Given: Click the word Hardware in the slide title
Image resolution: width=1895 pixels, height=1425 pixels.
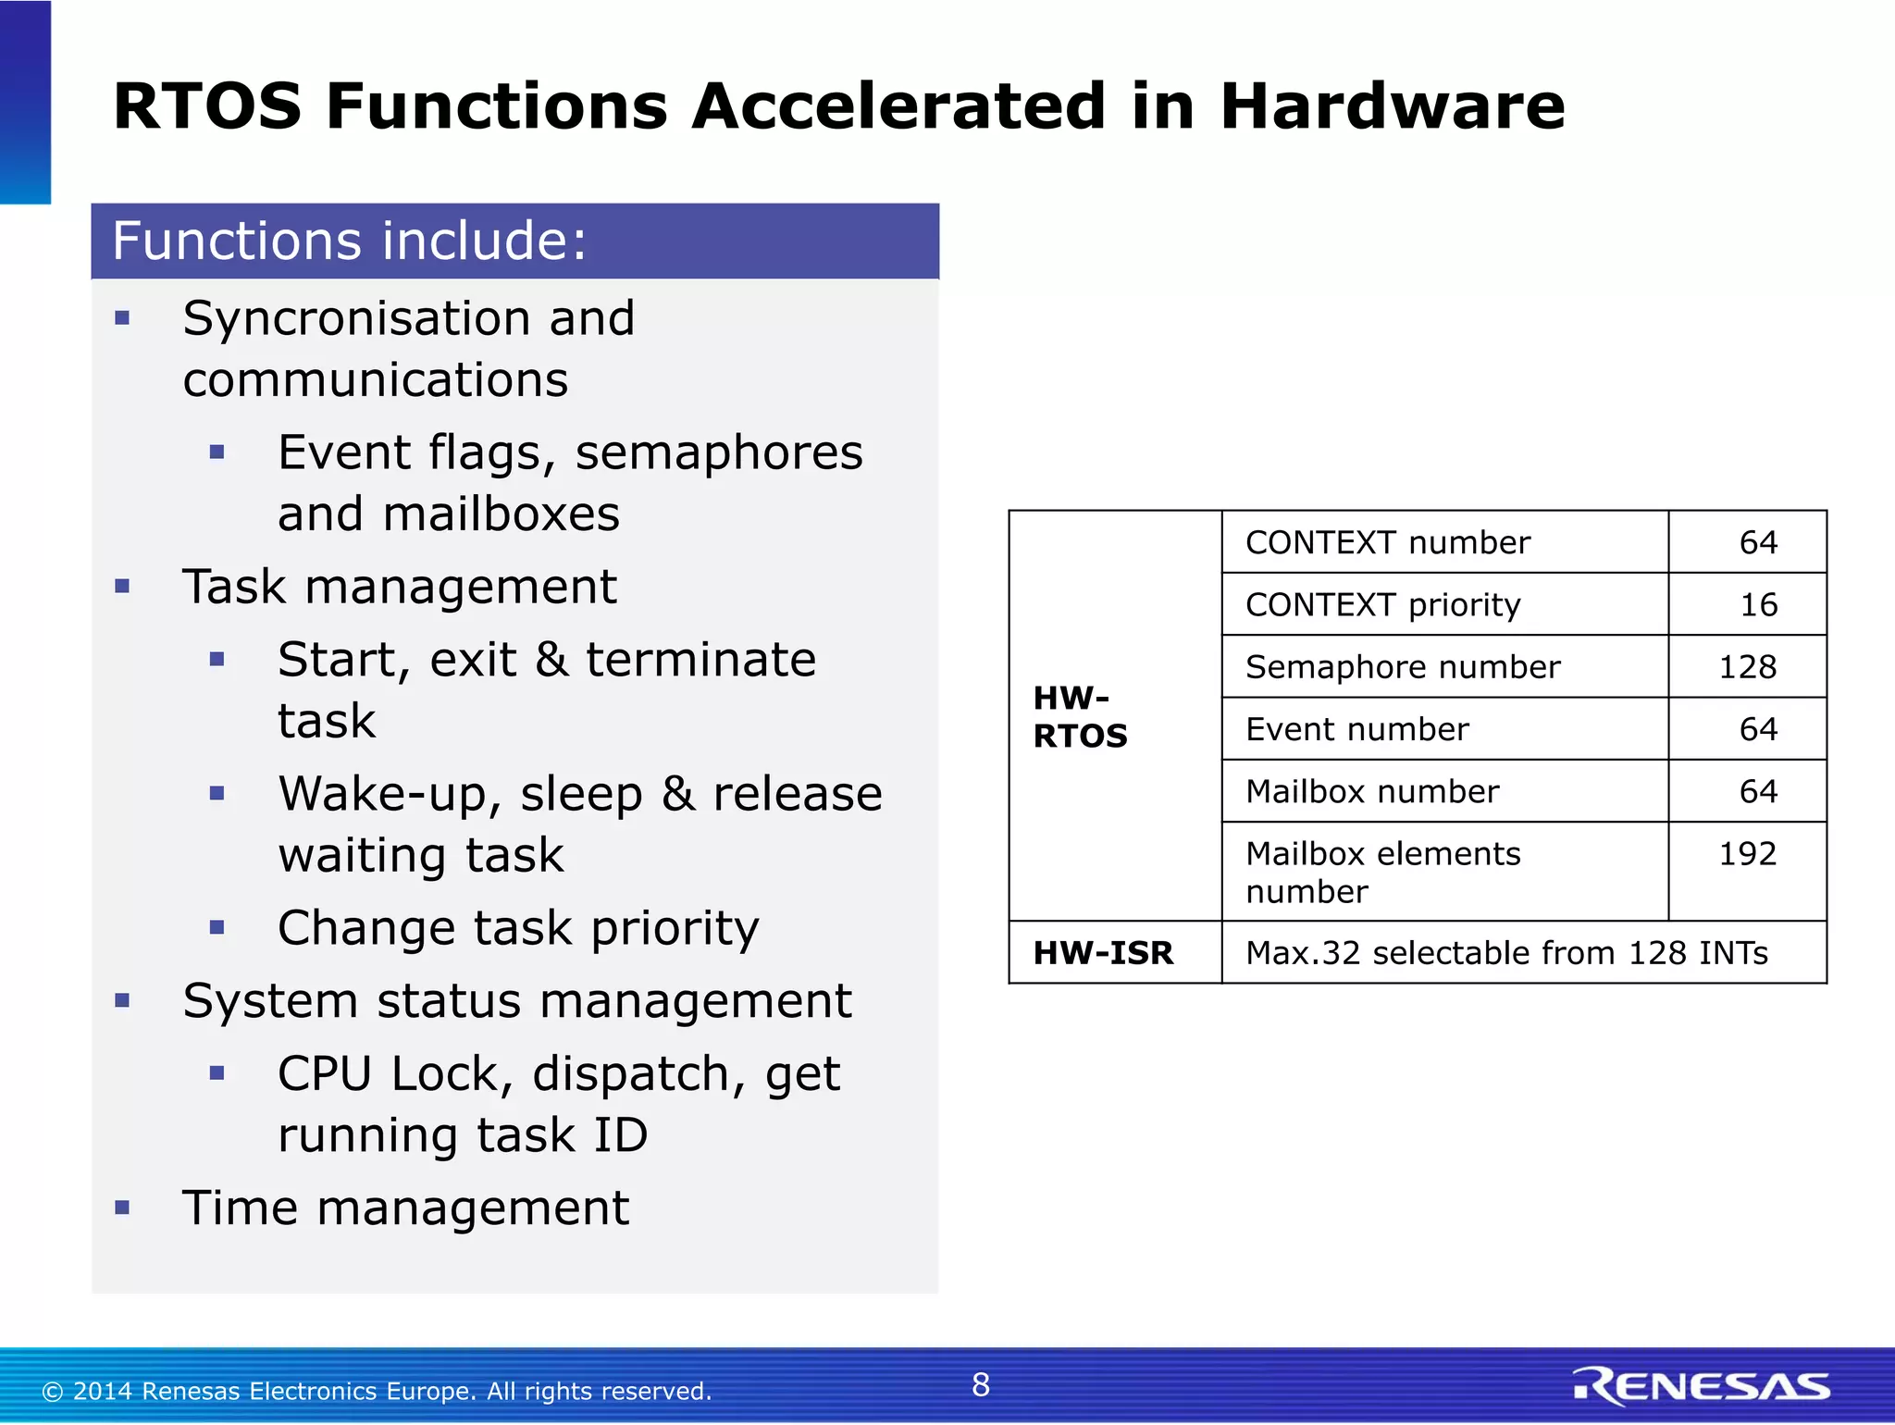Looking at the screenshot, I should point(1391,106).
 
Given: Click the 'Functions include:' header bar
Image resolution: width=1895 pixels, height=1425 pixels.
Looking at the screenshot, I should point(514,242).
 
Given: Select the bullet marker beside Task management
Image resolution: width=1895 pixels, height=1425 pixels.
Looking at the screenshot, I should point(122,587).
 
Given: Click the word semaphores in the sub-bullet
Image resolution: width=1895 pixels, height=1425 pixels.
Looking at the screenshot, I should point(718,453).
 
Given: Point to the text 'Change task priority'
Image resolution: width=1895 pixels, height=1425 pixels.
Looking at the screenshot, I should point(518,928).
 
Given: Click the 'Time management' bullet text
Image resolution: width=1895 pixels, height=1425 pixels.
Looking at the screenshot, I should point(405,1208).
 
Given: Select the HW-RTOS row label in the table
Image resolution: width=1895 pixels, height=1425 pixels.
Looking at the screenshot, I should point(1080,716).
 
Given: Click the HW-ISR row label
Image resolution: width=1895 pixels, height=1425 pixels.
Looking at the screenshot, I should point(1103,953).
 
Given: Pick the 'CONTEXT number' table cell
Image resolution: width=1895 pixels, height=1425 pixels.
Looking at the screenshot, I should point(1387,543).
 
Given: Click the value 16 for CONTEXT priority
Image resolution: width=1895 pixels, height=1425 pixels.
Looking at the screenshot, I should point(1758,605).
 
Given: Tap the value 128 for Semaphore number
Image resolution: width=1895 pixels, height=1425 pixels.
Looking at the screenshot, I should point(1747,667).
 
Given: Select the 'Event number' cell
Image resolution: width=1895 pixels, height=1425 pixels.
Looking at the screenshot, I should point(1356,730).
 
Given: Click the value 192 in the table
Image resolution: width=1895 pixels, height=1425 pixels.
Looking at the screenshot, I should point(1747,854).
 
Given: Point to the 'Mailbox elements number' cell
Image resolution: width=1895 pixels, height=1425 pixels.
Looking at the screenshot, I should point(1382,873).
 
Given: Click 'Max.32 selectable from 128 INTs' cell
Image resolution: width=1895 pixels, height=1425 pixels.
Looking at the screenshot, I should point(1506,953).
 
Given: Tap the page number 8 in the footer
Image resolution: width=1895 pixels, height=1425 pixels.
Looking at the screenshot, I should point(981,1385).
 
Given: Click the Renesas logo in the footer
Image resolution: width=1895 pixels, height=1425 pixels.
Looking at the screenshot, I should point(1701,1385).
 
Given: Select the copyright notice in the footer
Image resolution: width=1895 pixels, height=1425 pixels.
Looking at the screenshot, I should point(377,1391).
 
